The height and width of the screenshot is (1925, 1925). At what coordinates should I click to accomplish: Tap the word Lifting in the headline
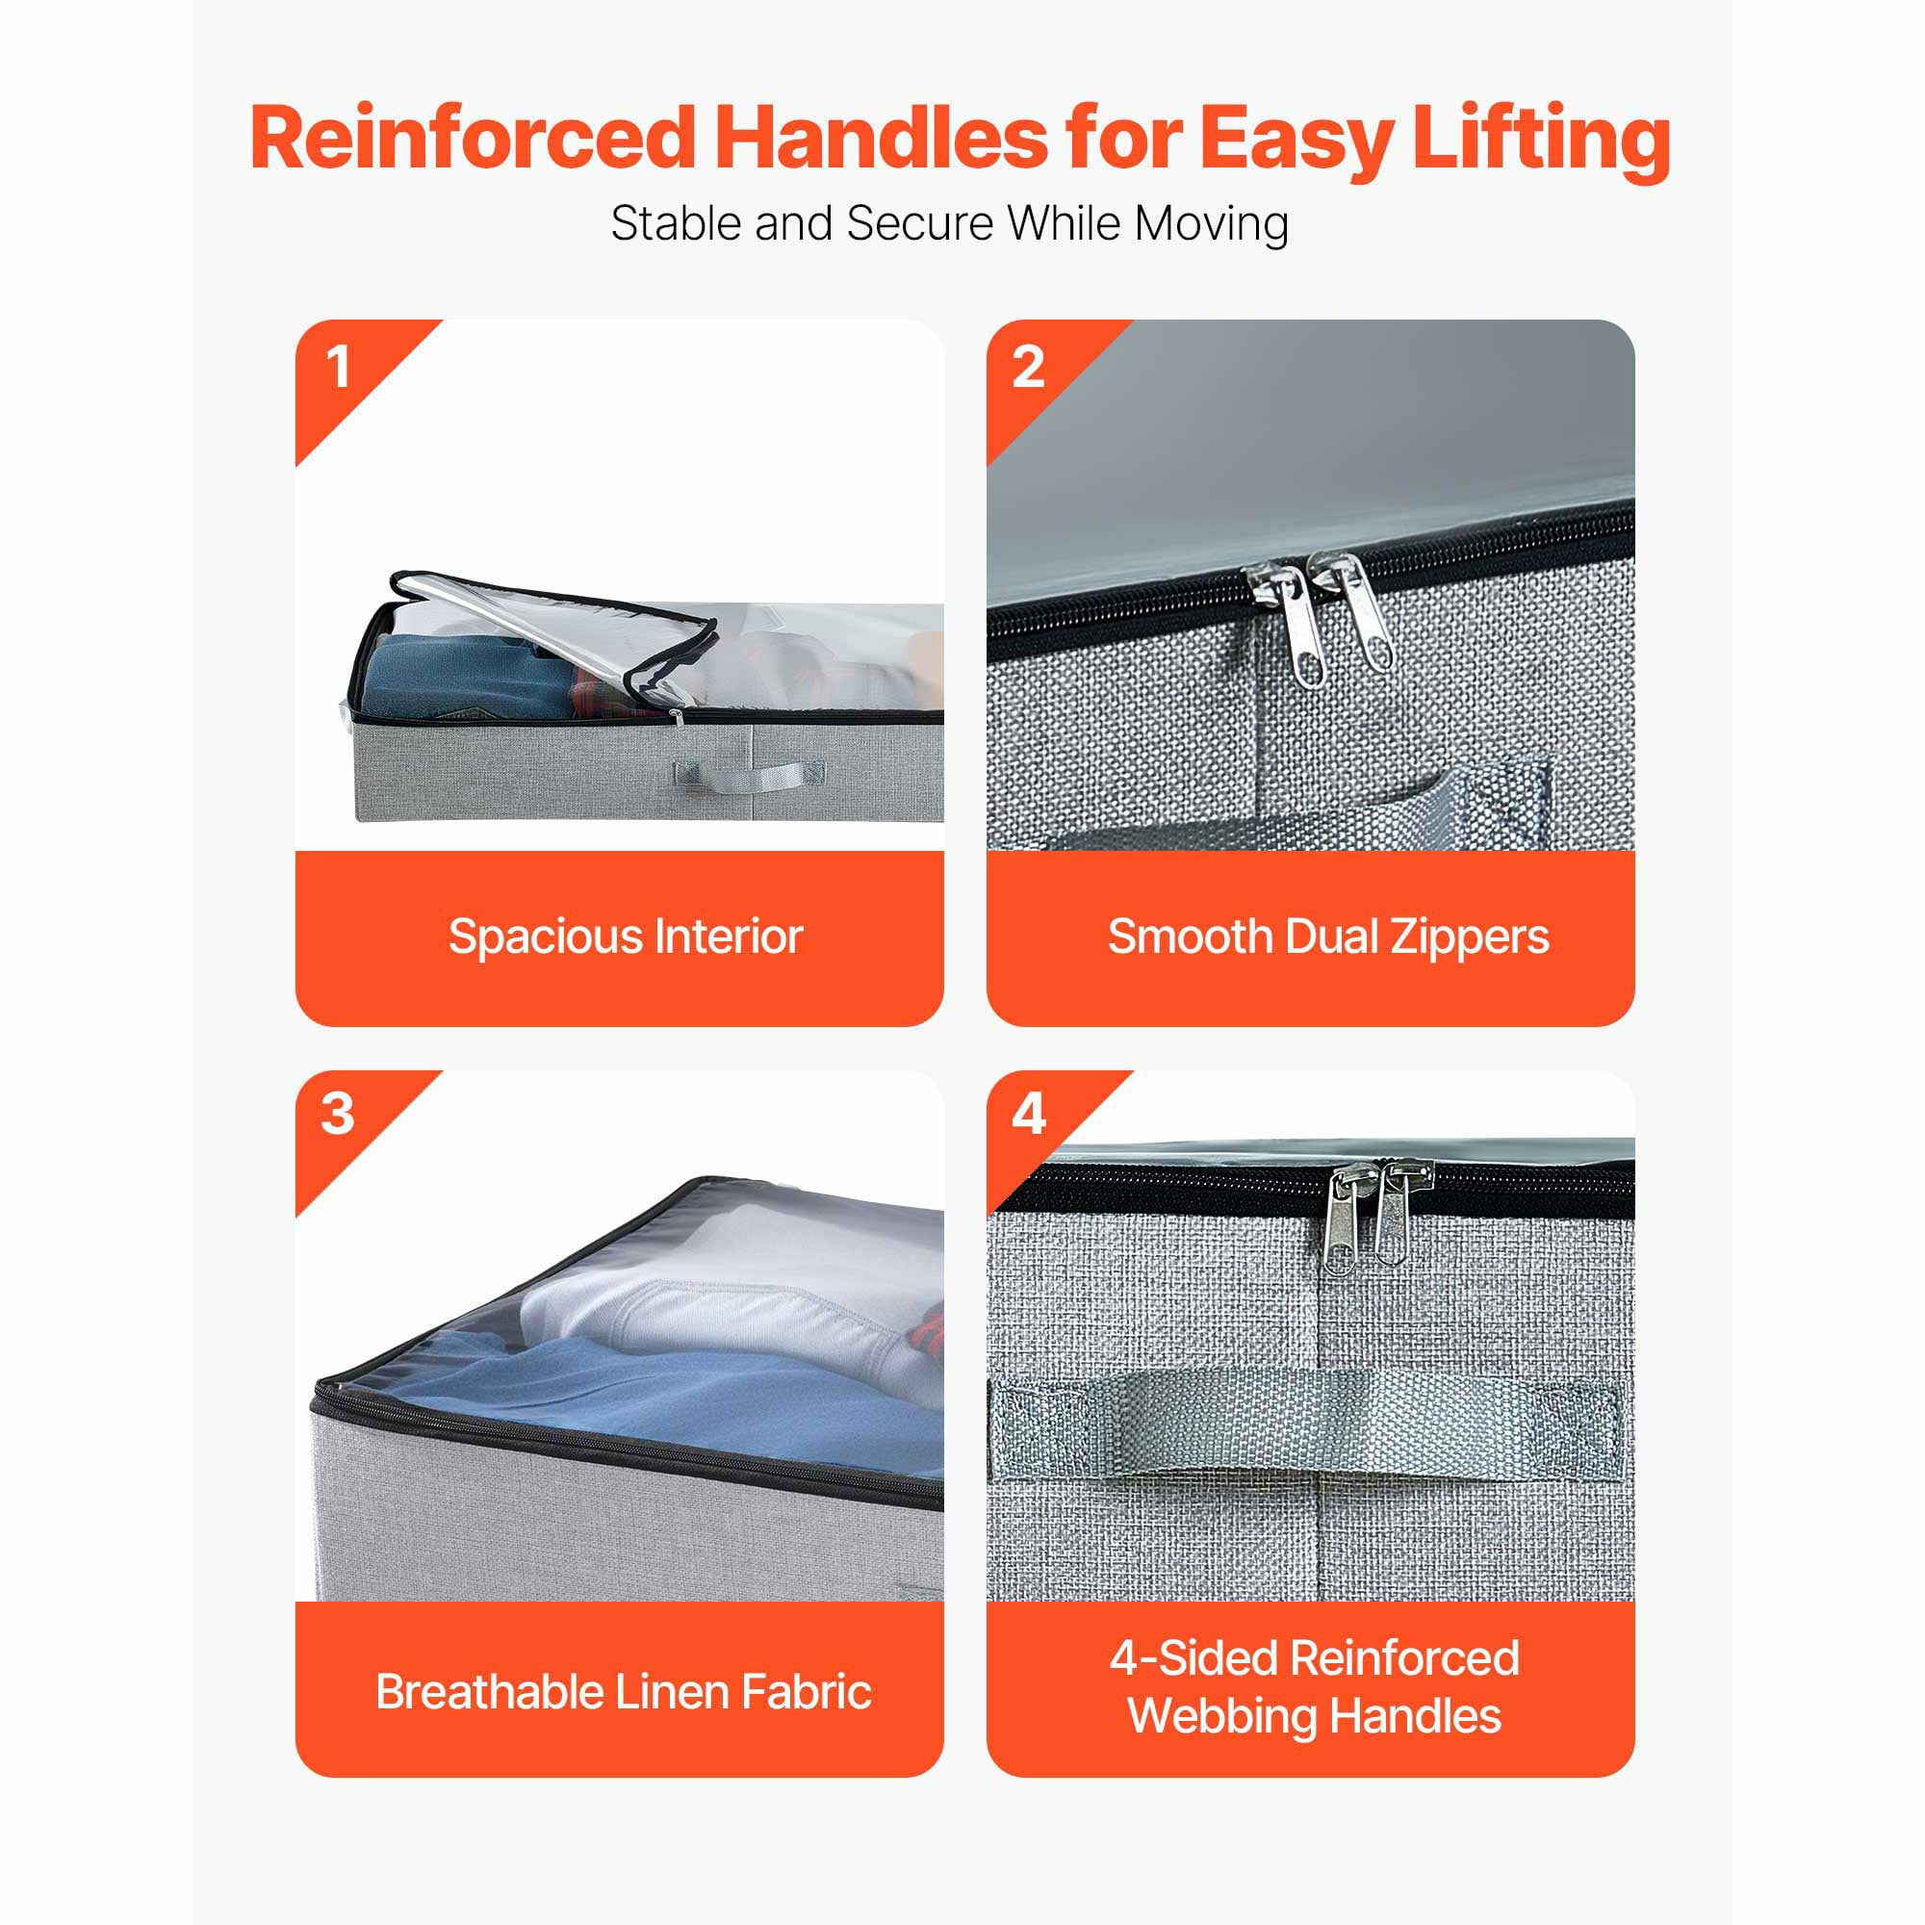click(1540, 140)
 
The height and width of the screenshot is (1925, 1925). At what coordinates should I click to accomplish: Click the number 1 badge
click(339, 367)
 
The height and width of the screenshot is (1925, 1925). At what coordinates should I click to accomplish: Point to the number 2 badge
click(1028, 367)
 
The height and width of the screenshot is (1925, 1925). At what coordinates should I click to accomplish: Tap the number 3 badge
click(338, 1114)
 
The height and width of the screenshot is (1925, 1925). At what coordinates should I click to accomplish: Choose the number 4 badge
click(1028, 1114)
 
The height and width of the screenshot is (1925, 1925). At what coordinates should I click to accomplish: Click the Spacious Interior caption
click(626, 937)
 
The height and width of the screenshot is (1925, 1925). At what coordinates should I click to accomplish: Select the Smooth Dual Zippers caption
click(1328, 937)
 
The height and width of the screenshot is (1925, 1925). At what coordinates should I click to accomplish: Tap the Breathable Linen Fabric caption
click(624, 1692)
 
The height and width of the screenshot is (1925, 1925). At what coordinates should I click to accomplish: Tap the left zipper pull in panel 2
click(1293, 621)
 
